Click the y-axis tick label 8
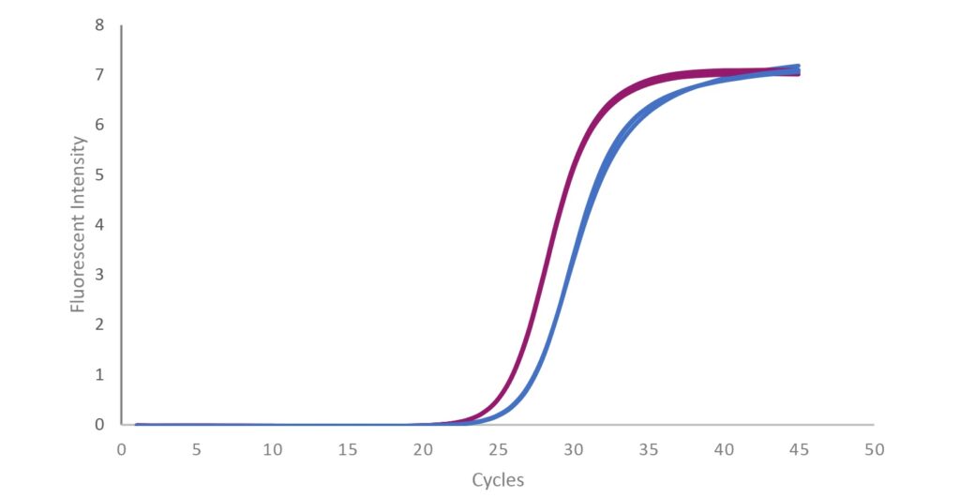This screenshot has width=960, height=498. click(99, 25)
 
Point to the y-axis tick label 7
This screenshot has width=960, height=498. click(99, 75)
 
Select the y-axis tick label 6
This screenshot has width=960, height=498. click(99, 125)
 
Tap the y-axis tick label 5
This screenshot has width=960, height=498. click(99, 174)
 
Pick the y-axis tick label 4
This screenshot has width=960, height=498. click(99, 225)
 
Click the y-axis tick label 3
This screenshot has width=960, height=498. click(99, 275)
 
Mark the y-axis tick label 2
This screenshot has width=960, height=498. click(99, 324)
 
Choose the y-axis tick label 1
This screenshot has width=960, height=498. click(99, 374)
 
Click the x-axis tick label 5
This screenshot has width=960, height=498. click(197, 449)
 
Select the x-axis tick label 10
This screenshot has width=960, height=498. click(273, 449)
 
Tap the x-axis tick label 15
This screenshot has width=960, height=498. click(348, 449)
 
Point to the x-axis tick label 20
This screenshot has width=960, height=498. click(423, 449)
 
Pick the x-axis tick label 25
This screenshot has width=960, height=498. click(499, 449)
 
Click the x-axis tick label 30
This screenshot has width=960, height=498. click(574, 449)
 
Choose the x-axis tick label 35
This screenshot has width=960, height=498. click(649, 449)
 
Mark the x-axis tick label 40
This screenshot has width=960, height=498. click(725, 449)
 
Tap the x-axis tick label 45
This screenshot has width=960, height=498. click(800, 449)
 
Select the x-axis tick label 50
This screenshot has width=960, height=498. click(875, 449)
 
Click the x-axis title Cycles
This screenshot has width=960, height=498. click(498, 480)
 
